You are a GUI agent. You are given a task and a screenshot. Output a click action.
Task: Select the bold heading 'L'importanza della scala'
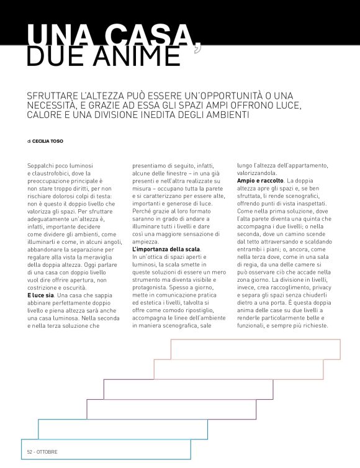pos(166,249)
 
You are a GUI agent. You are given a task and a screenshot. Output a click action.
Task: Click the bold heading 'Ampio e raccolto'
pos(259,180)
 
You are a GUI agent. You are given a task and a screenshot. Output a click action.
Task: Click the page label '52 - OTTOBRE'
pos(42,452)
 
